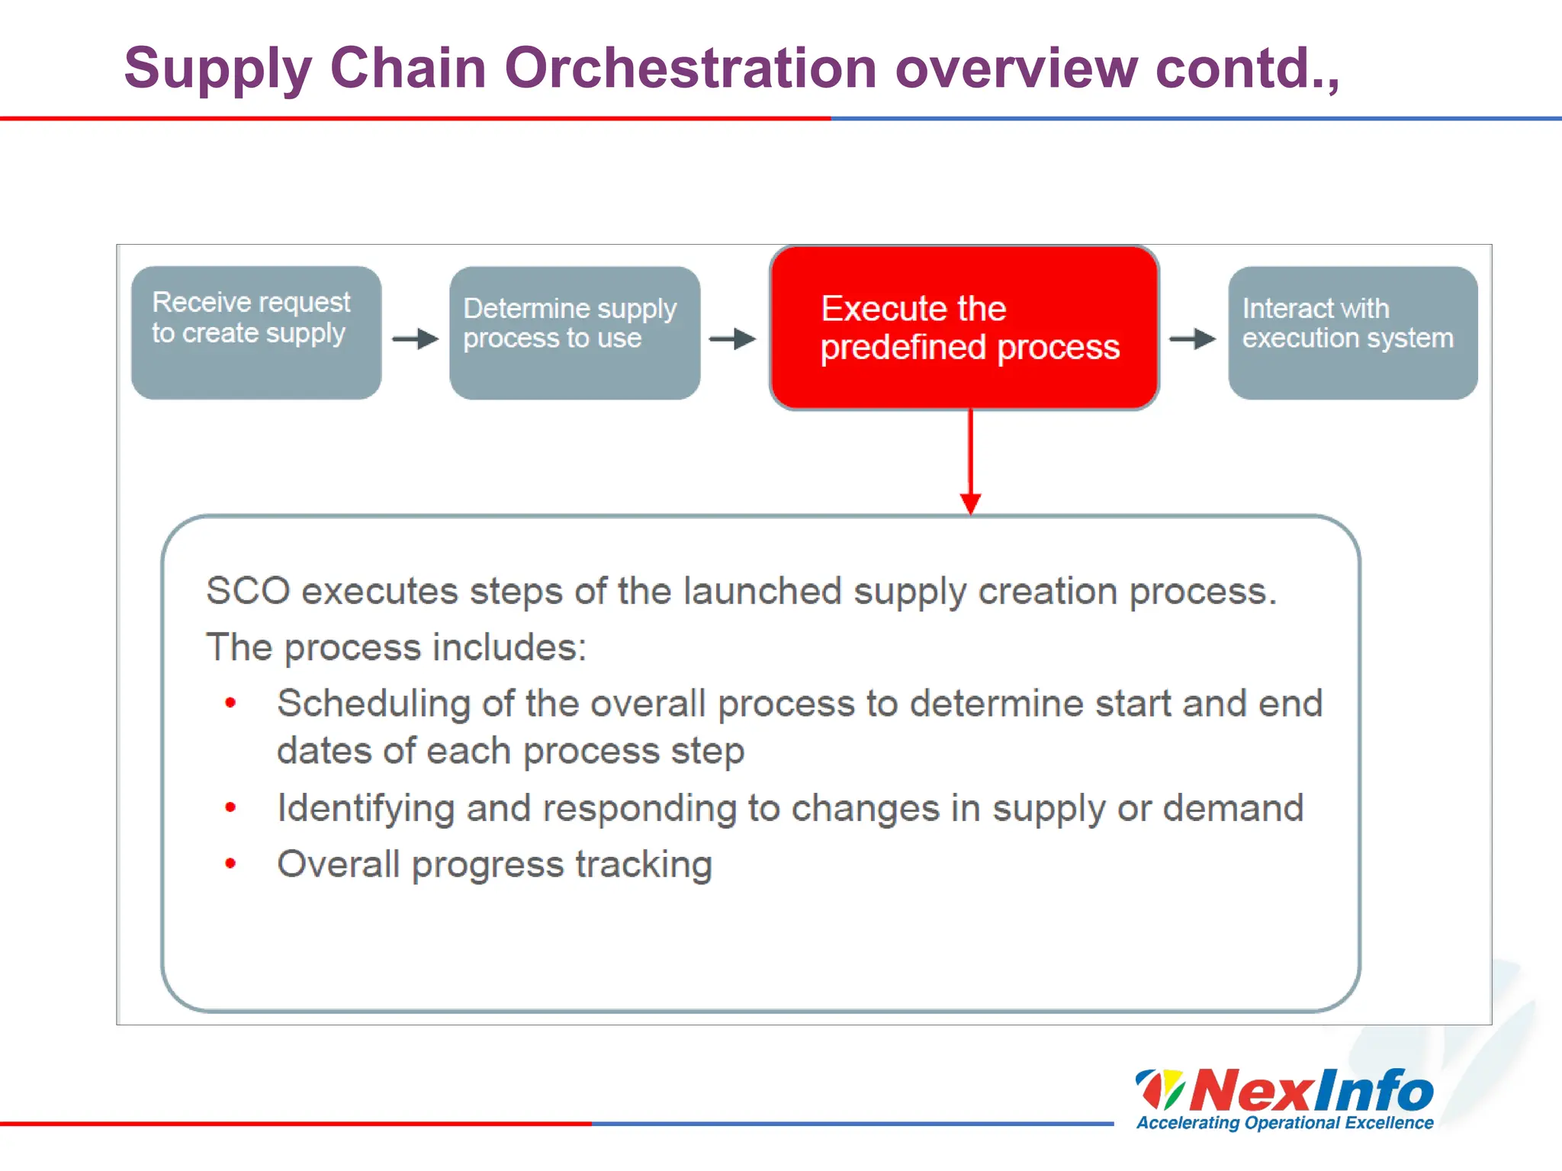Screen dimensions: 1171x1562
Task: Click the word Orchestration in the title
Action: [690, 68]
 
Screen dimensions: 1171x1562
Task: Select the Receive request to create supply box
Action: [256, 332]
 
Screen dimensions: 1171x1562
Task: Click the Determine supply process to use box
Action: [574, 332]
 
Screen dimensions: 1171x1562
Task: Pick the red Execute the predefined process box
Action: [964, 328]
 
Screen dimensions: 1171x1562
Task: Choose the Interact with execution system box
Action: [1352, 332]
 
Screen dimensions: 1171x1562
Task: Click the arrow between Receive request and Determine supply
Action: [416, 338]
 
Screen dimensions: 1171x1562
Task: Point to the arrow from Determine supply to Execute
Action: [732, 338]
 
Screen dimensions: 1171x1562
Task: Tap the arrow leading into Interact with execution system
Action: [1193, 338]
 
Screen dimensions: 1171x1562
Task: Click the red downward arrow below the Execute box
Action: [970, 465]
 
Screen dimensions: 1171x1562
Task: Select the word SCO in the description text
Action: [248, 591]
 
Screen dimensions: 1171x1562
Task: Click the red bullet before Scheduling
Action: [230, 703]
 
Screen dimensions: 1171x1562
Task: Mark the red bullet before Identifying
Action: [230, 807]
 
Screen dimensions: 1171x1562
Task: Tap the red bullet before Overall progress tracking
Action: [230, 864]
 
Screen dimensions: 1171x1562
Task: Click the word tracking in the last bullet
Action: [644, 865]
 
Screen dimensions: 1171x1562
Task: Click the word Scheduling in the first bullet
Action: [373, 704]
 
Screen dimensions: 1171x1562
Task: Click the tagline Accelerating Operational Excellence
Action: [1284, 1123]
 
